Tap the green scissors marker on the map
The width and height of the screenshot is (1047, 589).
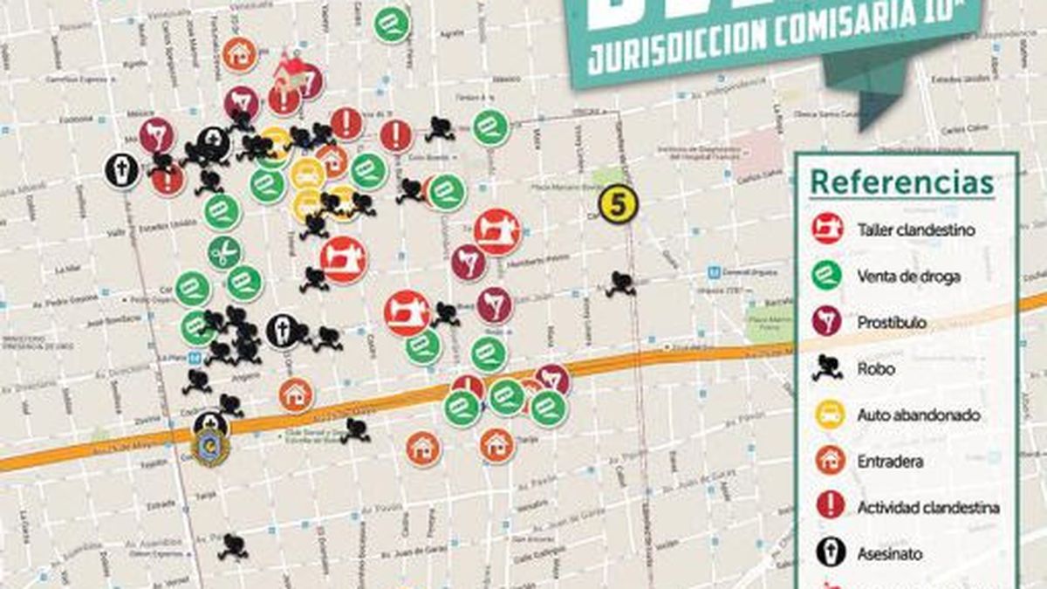coord(224,253)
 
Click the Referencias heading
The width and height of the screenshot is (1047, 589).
coord(901,184)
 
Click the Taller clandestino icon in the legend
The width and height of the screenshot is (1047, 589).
coord(826,229)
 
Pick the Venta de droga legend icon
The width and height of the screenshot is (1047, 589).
coord(826,276)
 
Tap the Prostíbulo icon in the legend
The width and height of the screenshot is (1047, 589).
coord(826,322)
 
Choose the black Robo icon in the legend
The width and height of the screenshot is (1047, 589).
coord(826,368)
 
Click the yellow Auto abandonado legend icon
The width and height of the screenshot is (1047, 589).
coord(826,414)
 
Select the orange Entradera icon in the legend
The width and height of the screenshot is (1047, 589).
coord(826,461)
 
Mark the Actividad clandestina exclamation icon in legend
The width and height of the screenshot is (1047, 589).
coord(826,507)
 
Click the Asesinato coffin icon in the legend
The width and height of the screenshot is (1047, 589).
coord(826,553)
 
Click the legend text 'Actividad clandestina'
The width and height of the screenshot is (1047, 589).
coord(928,508)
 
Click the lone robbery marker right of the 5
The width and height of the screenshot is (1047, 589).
coord(620,284)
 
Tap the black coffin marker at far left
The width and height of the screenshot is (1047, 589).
coord(122,170)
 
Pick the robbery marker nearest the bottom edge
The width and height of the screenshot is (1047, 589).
coord(232,546)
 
